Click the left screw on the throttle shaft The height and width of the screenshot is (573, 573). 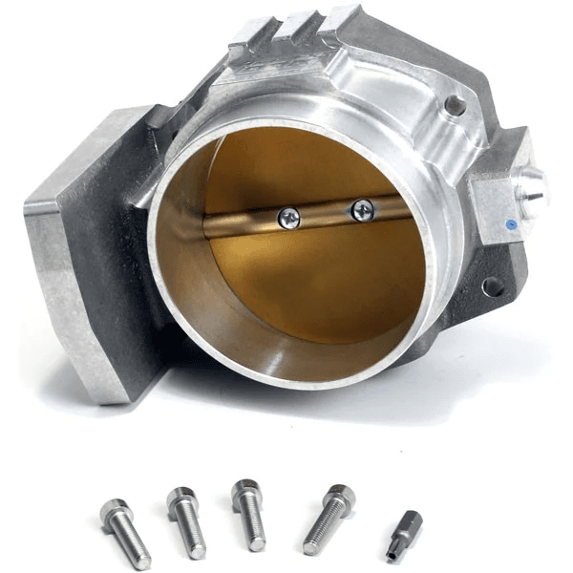[288, 219]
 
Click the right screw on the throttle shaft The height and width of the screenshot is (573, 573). [362, 210]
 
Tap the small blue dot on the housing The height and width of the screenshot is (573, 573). [513, 226]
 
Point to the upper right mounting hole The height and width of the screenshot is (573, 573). [456, 106]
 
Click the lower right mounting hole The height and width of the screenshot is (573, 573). [493, 286]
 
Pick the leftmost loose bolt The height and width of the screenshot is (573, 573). [126, 533]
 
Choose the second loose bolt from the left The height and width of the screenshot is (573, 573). [186, 523]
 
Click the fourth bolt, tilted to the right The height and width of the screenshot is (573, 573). [328, 520]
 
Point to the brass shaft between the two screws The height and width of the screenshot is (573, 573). [325, 216]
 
